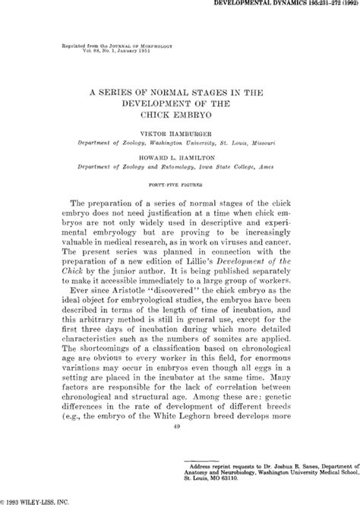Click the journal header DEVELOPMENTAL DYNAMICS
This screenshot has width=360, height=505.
click(262, 5)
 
